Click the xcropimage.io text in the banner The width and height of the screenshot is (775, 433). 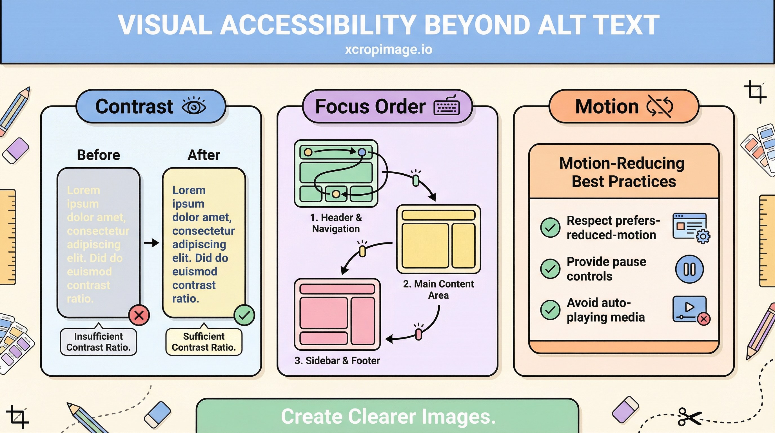[388, 49]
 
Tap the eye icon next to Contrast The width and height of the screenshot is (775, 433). [194, 106]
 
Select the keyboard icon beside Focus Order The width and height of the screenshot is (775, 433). [446, 106]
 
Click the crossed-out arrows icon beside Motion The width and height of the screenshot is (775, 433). [660, 106]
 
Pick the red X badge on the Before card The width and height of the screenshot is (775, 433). [139, 315]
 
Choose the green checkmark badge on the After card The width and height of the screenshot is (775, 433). [244, 315]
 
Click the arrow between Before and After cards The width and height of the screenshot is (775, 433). [151, 243]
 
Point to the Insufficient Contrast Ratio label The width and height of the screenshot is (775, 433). [98, 342]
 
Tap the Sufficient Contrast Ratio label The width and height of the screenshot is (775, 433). [204, 342]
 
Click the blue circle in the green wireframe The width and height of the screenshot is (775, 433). [362, 152]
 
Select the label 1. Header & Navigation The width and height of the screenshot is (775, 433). [336, 223]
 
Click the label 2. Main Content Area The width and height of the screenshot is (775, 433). [438, 289]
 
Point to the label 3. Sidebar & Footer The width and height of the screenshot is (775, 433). [337, 361]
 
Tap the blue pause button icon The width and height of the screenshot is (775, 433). [689, 269]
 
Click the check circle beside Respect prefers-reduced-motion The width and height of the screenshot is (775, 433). [550, 227]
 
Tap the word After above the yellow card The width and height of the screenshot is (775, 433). [204, 155]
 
